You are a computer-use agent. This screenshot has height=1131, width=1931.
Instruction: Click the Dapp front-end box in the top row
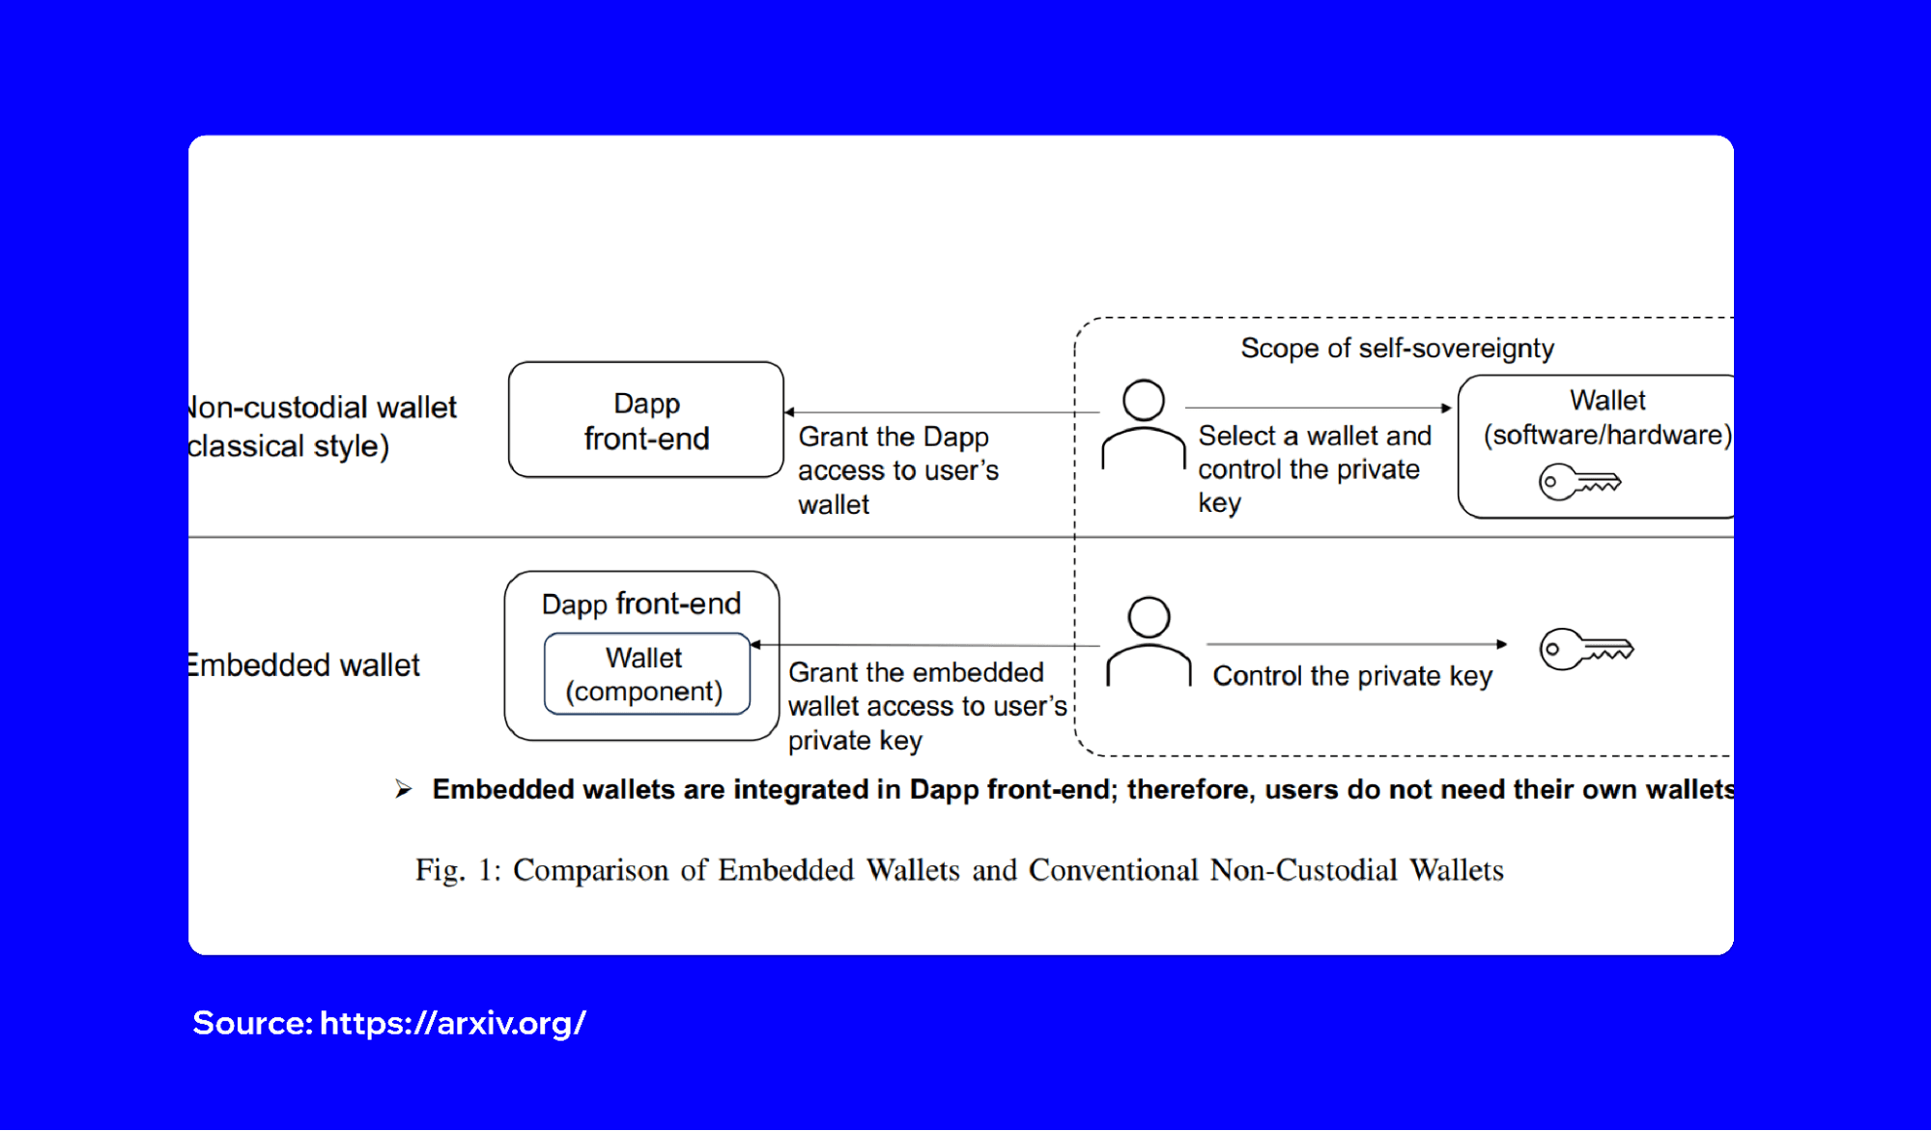point(645,420)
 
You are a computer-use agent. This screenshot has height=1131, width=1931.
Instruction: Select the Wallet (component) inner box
point(646,674)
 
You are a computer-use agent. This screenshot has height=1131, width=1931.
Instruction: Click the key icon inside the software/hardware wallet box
point(1578,481)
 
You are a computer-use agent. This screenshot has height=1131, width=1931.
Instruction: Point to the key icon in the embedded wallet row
point(1585,648)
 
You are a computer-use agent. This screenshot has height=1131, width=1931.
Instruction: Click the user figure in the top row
point(1143,425)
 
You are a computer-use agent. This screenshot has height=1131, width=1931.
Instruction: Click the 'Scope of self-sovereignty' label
point(1397,349)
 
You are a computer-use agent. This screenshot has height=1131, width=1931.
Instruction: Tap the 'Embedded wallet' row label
point(304,665)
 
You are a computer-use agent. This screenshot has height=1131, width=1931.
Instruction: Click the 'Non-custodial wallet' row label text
point(323,408)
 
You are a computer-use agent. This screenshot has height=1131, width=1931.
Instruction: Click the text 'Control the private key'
point(1351,676)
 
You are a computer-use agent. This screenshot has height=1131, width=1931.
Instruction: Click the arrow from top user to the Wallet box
point(1318,408)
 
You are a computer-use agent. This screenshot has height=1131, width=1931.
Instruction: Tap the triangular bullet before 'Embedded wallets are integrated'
point(404,790)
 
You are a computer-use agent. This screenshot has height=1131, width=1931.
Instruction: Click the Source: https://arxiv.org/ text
point(388,1023)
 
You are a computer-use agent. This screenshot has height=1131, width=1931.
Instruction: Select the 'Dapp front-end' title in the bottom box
point(640,605)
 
